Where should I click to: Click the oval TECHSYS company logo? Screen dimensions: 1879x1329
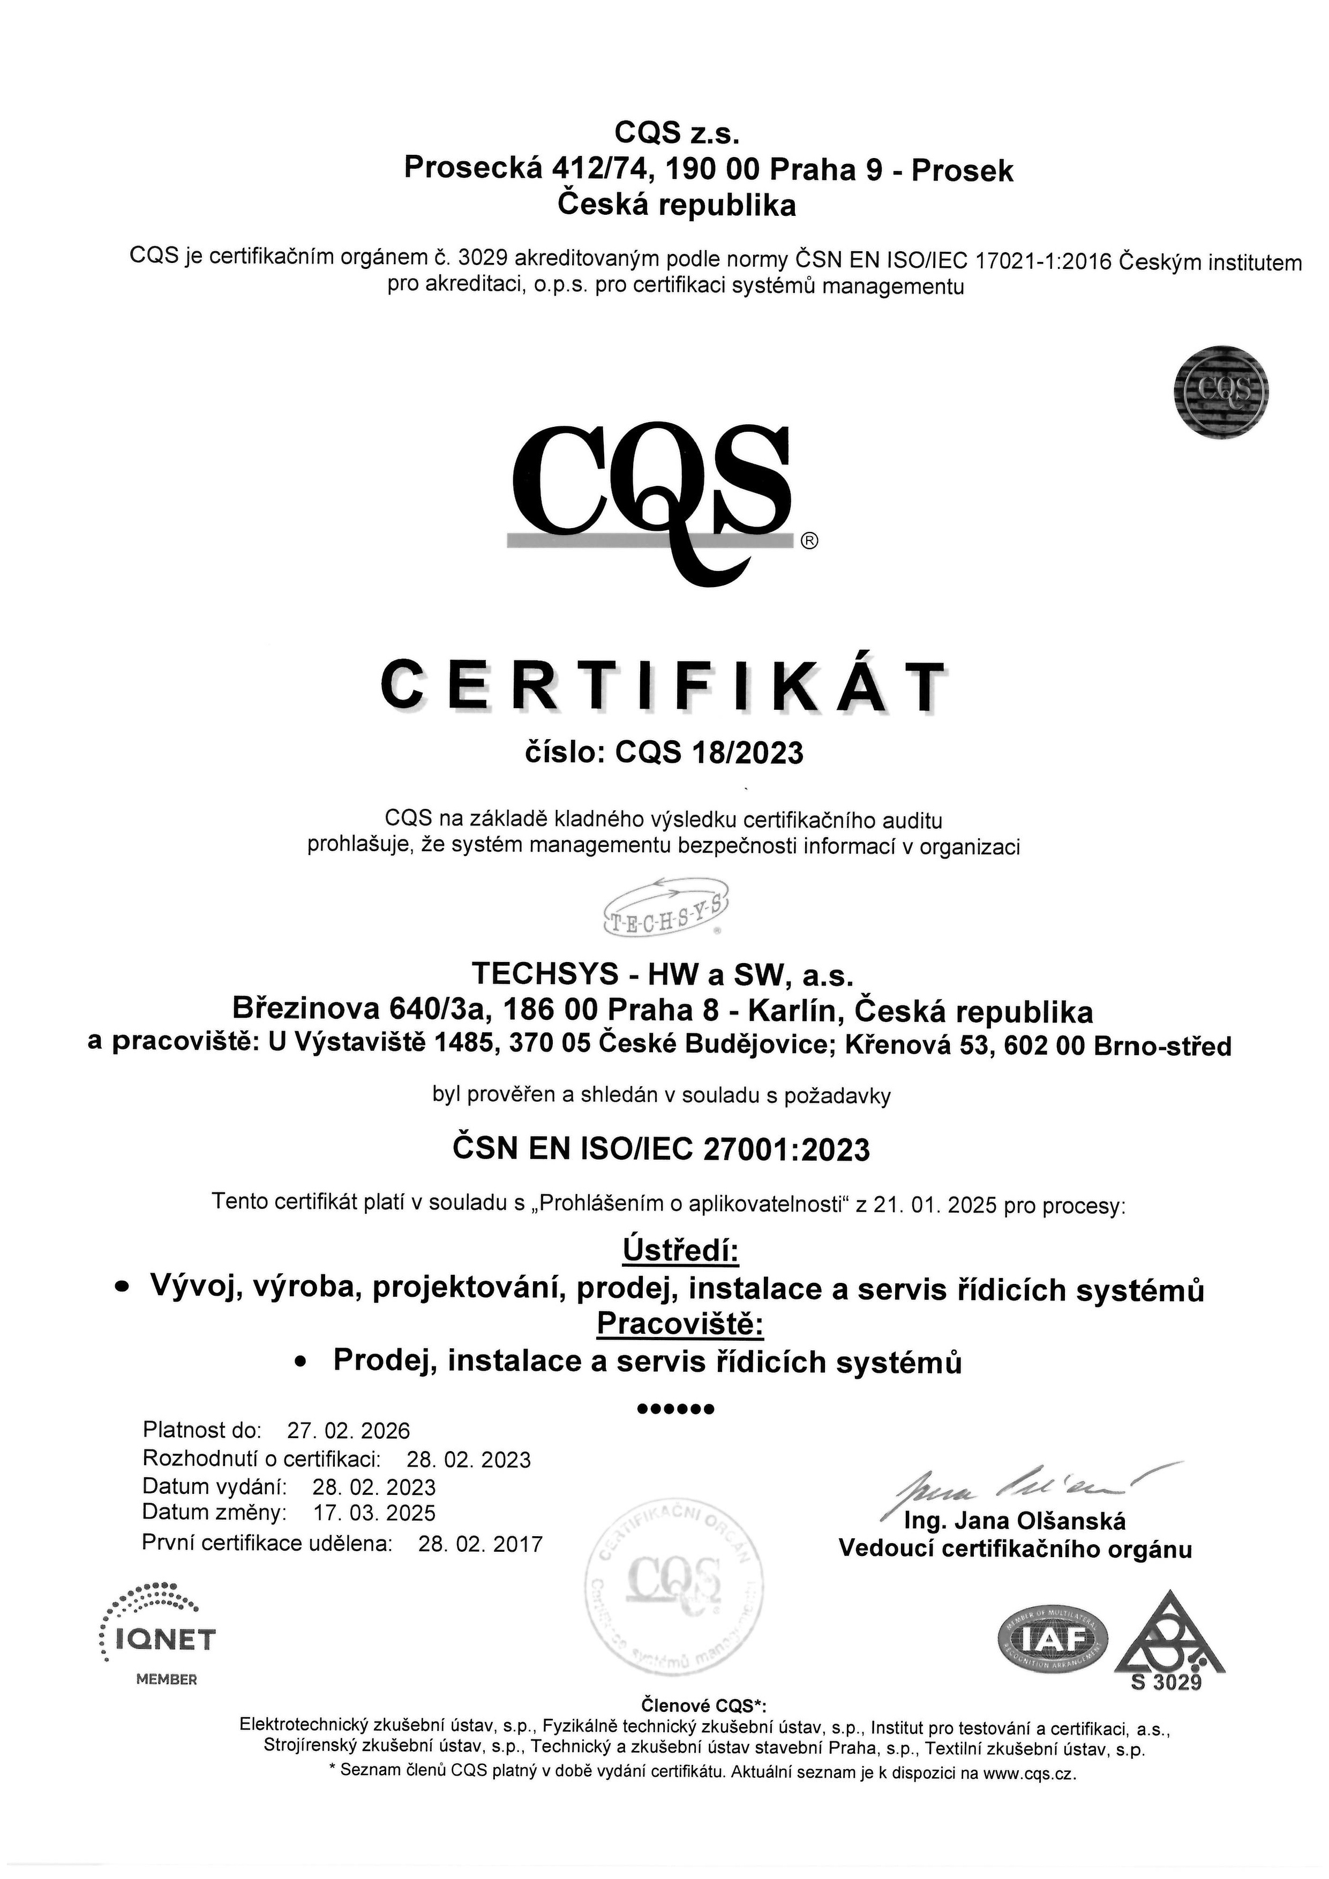coord(664,907)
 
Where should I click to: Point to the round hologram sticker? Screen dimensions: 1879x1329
coord(1220,391)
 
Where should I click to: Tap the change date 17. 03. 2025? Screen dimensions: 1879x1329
coord(375,1513)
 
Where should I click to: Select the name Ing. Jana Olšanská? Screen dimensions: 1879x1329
coord(1015,1521)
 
